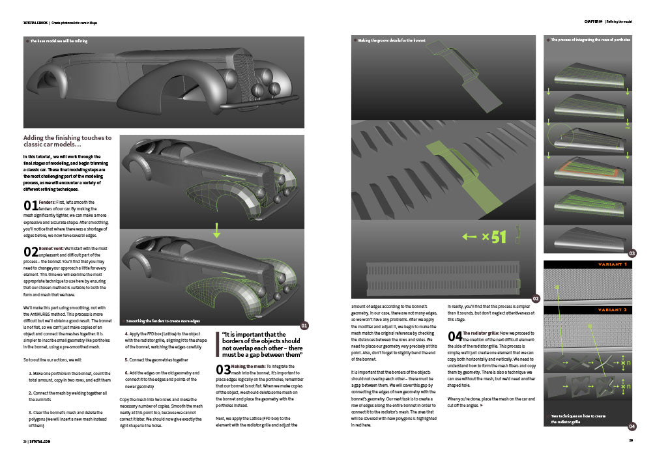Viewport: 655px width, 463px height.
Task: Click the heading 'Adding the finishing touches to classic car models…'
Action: point(67,141)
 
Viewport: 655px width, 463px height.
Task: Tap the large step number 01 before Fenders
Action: point(30,206)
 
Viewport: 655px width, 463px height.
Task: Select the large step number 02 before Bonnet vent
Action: point(30,251)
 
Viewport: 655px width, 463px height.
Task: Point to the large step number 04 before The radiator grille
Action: point(455,337)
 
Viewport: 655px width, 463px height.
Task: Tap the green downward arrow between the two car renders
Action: point(217,231)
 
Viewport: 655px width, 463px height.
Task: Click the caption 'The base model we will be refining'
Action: point(59,41)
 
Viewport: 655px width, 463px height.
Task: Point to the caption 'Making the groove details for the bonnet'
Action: point(391,40)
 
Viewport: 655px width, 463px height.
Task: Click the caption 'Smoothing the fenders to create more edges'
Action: point(163,321)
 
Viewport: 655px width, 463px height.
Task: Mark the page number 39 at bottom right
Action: point(631,441)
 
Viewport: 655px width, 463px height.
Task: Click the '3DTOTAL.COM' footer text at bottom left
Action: point(40,441)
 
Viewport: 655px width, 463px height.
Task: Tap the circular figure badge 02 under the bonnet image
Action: point(535,299)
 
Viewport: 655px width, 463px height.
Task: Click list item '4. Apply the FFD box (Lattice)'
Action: point(166,343)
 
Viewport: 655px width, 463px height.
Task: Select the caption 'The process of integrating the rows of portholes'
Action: point(590,40)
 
